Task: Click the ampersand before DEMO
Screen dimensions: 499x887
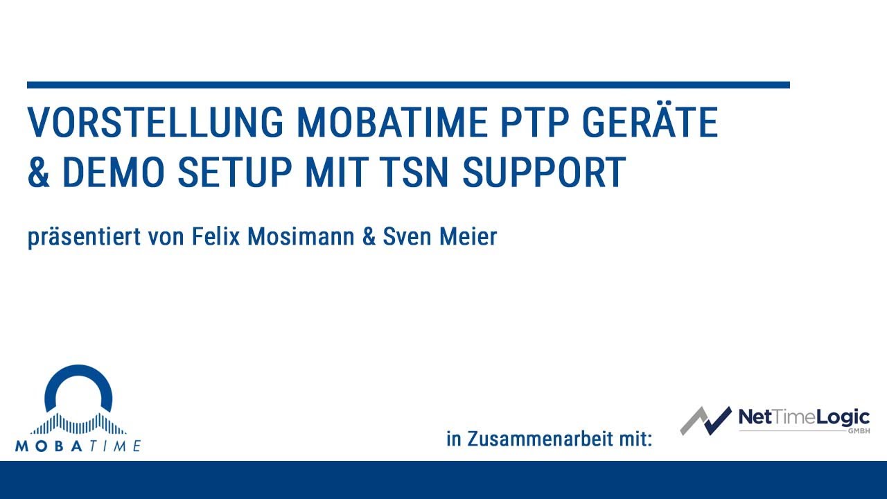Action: point(39,173)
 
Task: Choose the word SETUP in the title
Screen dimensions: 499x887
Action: point(236,173)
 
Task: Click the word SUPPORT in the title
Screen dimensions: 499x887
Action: point(545,173)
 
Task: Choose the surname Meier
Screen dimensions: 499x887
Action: point(469,237)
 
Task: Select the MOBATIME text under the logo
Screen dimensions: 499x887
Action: point(78,446)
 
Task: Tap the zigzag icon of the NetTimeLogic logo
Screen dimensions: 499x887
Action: point(705,420)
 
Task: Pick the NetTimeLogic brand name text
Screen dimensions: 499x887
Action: point(803,417)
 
